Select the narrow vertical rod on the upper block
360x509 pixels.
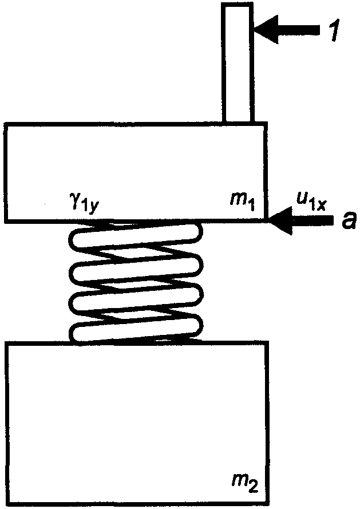tap(237, 63)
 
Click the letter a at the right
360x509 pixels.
tap(346, 221)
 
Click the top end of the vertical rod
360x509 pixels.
tap(237, 5)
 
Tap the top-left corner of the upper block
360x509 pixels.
tap(6, 123)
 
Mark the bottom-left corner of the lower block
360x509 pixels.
tap(6, 505)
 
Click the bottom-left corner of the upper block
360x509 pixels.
tap(6, 221)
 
